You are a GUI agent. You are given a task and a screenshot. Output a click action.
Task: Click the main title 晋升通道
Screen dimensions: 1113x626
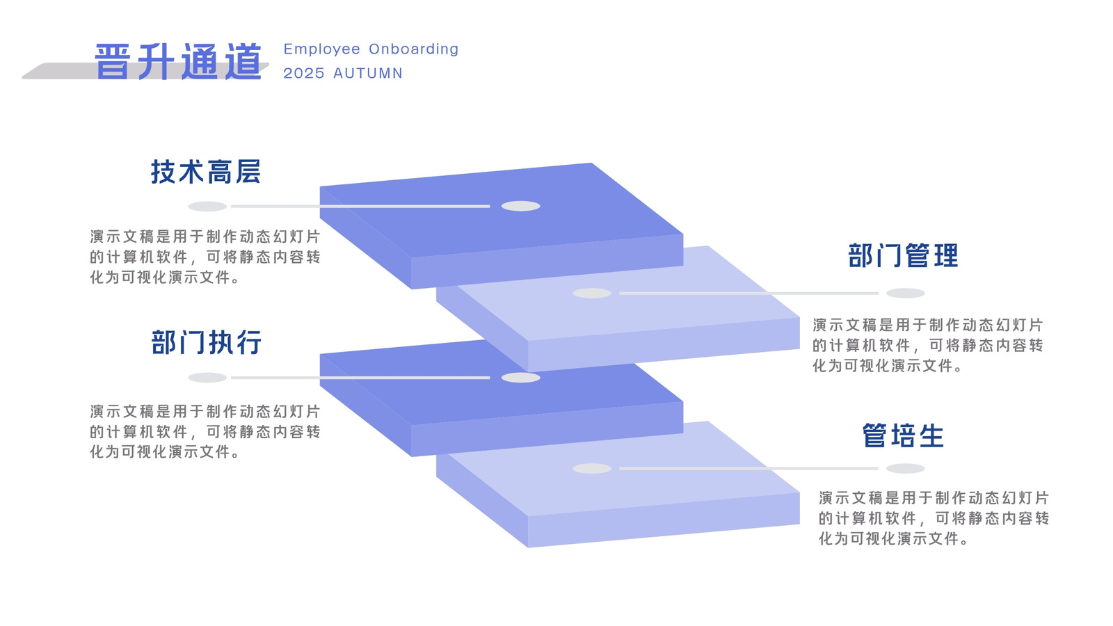pos(178,62)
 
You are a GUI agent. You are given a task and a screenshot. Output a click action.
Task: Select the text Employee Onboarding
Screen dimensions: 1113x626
pos(371,49)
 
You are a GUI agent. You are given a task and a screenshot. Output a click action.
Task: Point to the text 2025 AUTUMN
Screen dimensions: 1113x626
pos(343,73)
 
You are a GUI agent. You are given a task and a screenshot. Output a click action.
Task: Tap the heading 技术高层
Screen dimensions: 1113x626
pos(206,172)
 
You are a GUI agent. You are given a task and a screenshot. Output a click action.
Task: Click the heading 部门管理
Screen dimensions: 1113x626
pos(903,255)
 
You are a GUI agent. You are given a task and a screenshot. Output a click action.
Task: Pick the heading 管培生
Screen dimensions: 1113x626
pos(903,435)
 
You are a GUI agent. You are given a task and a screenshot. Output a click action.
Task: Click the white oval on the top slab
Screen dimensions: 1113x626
pos(521,206)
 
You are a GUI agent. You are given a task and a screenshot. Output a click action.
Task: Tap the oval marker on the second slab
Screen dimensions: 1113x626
pos(592,293)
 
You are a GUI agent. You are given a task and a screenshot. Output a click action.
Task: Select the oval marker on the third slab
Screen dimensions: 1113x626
pos(521,378)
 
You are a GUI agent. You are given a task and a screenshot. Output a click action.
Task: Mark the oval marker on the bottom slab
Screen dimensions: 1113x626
pos(592,469)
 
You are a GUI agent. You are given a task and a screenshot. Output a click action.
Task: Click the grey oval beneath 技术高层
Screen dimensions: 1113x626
pos(207,206)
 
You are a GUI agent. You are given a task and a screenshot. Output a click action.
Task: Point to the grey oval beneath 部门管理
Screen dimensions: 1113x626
pos(905,293)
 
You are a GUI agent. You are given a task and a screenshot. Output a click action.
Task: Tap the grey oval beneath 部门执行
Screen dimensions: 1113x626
pos(207,378)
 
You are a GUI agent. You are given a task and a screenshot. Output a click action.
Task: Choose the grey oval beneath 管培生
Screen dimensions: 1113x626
pos(905,469)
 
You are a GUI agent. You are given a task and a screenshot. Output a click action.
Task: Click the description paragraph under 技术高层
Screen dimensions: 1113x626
pos(205,257)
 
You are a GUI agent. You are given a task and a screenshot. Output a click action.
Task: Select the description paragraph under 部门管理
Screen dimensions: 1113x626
pos(928,345)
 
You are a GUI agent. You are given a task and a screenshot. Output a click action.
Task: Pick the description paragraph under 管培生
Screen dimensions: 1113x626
pos(934,518)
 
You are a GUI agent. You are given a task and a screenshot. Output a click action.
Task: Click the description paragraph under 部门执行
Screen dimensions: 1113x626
pos(205,432)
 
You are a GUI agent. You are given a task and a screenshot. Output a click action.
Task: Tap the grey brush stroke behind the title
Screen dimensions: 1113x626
pos(145,70)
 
